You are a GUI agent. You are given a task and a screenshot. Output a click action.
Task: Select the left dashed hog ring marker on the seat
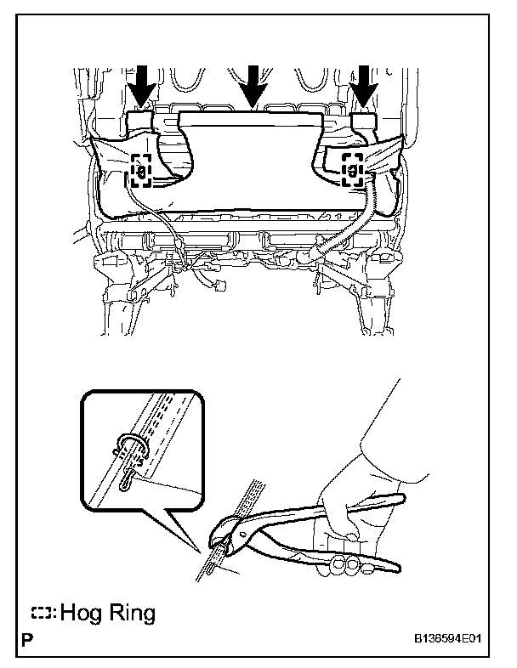pyautogui.click(x=141, y=171)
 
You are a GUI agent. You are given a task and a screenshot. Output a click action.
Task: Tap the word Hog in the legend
pyautogui.click(x=86, y=613)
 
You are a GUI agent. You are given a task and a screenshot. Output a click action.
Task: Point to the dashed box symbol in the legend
pyautogui.click(x=42, y=612)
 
